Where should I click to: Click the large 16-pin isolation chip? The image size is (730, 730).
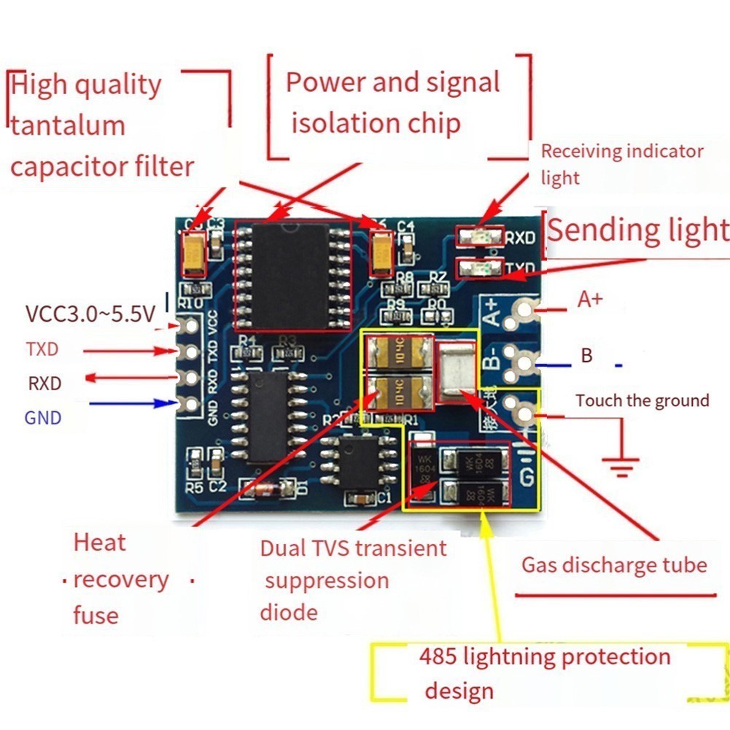[x=292, y=276]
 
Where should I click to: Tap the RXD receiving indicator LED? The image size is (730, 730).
[x=478, y=236]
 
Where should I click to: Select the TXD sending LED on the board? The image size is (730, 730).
[x=478, y=267]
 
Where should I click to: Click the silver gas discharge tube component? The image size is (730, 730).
[x=457, y=372]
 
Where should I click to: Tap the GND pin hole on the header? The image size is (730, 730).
[x=192, y=403]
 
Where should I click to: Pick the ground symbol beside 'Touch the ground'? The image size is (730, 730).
[x=621, y=464]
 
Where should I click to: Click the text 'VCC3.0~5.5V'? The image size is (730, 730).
[x=90, y=314]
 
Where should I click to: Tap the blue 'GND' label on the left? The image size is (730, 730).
[x=43, y=418]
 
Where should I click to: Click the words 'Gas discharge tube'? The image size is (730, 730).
[x=614, y=565]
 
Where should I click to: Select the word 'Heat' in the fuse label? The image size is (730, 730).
[x=100, y=543]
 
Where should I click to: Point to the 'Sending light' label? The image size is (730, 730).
[x=637, y=230]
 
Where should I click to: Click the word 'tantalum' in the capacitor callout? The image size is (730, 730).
[x=68, y=125]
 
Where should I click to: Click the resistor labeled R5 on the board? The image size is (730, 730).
[x=193, y=462]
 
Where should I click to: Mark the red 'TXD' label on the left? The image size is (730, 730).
[x=42, y=349]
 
